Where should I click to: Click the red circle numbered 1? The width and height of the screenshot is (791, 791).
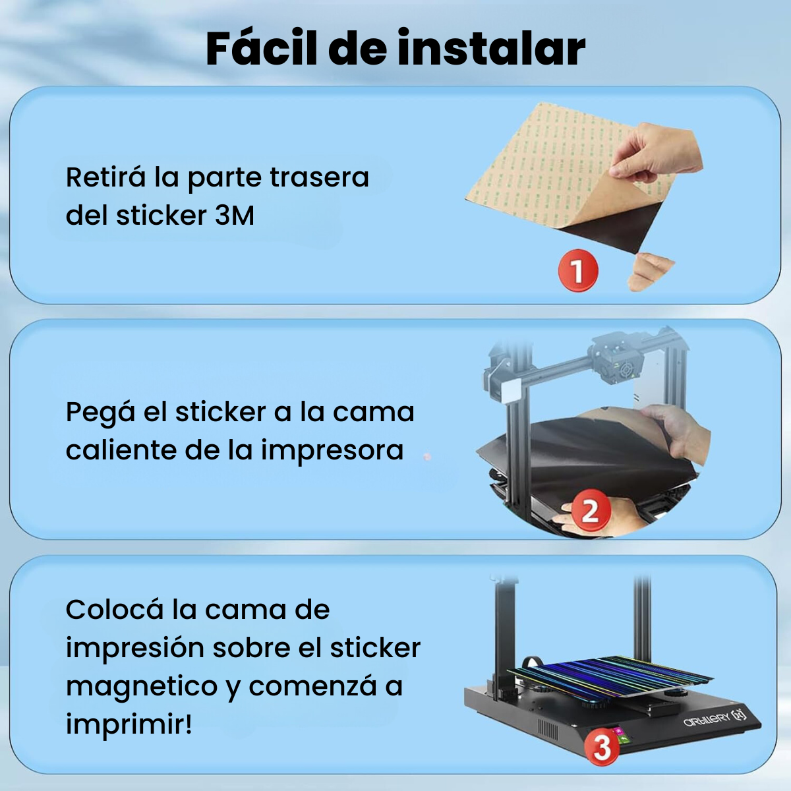coord(578,270)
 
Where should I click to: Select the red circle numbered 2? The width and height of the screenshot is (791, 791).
coord(590,511)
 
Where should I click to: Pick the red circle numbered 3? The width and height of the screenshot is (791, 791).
coord(602,747)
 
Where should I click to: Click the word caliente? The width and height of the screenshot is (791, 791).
coord(122,450)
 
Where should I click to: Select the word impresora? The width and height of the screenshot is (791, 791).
coord(332,452)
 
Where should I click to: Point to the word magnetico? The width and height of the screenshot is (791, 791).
coord(142,686)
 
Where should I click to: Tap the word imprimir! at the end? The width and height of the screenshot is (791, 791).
coord(129,726)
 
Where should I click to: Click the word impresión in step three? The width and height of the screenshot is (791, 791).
coord(135,649)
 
